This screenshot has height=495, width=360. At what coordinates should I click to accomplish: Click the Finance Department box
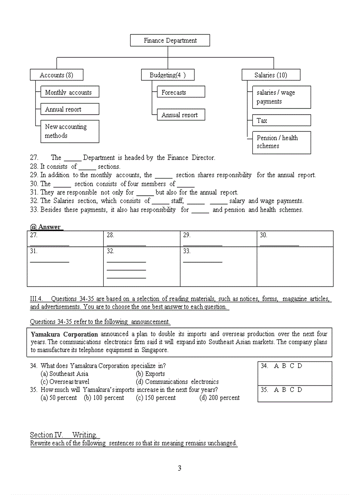click(x=170, y=41)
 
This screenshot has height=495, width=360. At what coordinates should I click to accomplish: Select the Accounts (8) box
click(x=56, y=75)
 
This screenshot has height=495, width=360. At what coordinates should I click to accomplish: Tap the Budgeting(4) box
click(x=168, y=75)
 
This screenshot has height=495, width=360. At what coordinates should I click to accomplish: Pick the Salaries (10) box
click(x=271, y=75)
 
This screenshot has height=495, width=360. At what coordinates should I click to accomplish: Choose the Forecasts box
click(x=180, y=92)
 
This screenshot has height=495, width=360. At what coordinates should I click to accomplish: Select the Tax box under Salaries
click(x=281, y=120)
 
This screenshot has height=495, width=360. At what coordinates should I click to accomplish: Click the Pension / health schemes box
click(x=281, y=142)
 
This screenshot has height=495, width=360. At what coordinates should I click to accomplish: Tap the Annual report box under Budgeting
click(x=180, y=115)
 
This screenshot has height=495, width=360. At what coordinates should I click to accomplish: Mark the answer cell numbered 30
click(x=295, y=238)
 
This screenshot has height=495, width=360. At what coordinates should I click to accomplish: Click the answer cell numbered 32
click(x=142, y=266)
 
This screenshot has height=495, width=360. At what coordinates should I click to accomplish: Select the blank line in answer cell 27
click(x=49, y=245)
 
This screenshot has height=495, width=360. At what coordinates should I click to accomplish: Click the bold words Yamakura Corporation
click(x=64, y=334)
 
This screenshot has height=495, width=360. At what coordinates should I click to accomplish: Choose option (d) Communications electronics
click(x=177, y=382)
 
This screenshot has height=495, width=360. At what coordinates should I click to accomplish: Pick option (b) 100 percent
click(x=104, y=398)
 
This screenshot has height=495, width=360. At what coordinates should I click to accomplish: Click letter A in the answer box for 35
click(x=276, y=390)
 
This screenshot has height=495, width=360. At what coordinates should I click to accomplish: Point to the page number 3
click(x=179, y=468)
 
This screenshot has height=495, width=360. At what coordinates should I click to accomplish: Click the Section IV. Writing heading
click(x=65, y=435)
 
